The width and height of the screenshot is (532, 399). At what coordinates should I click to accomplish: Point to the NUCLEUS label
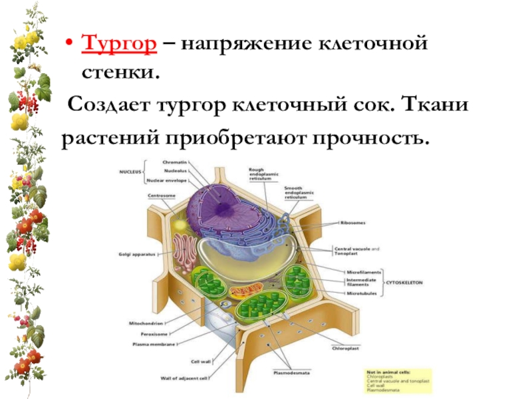coord(130,171)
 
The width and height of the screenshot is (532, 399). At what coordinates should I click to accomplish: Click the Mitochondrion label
coord(146,323)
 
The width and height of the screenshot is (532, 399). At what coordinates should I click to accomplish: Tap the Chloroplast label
coord(348,347)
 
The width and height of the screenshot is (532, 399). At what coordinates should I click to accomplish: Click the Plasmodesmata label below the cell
coord(289,373)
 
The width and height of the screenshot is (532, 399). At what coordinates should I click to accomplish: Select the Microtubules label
coord(359,292)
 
